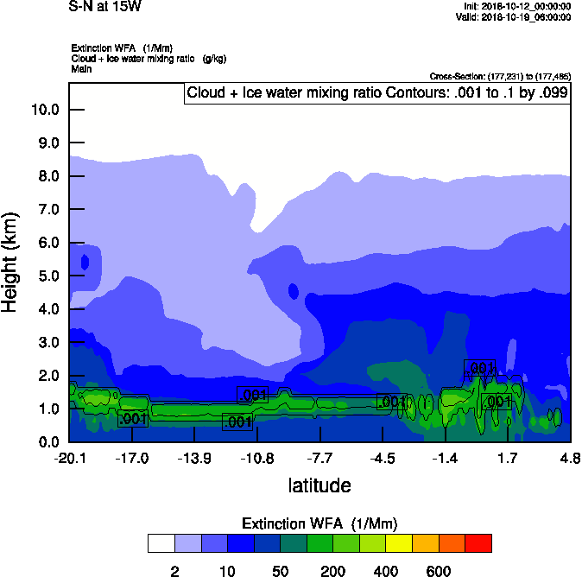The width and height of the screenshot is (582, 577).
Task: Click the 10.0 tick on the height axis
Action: coord(44,110)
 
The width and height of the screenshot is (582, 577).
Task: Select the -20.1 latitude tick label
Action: coord(69,457)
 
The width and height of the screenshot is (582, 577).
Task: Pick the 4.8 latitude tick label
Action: coord(570,457)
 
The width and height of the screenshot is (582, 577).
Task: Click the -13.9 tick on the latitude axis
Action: coord(194,457)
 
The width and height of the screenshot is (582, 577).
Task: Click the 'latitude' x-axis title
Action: coord(319,485)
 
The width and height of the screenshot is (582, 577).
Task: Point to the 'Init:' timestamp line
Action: coord(517,5)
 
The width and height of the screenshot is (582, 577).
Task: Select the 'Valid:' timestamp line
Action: coord(516,16)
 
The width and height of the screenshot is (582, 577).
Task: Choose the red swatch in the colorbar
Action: coord(478,543)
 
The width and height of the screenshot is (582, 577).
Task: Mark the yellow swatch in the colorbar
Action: coord(398,543)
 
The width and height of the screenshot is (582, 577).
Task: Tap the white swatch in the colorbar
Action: coord(161,543)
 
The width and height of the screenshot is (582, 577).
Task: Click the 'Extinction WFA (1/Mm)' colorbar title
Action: coord(319,523)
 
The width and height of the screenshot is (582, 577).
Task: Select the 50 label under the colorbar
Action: coord(280,570)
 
